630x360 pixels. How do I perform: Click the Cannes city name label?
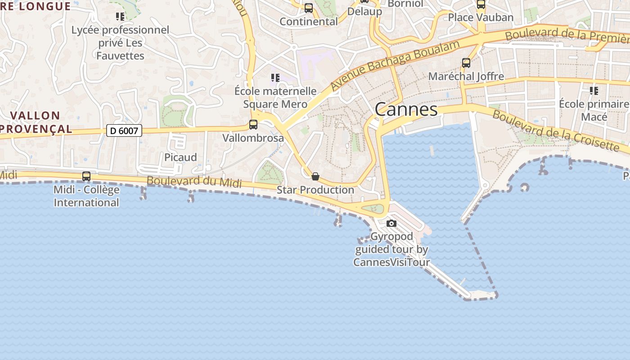coord(406,109)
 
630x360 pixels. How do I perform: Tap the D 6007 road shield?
coord(125,131)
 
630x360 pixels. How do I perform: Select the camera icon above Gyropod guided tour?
coord(391,223)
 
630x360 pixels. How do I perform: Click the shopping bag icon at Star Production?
coord(315,176)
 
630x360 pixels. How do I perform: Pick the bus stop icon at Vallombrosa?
coord(253,125)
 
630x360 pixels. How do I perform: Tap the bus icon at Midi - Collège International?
coord(86,176)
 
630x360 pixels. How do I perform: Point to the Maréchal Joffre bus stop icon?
coord(466,63)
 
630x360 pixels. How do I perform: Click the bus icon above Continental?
coord(309,8)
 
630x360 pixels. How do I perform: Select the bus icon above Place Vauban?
coord(481,4)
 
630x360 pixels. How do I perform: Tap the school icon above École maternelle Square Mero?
coord(275,78)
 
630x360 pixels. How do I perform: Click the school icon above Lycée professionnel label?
coord(120,17)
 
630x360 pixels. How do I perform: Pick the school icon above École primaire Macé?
coord(594,91)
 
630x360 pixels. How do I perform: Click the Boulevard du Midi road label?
coord(194,181)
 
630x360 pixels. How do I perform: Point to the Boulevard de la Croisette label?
coord(556,130)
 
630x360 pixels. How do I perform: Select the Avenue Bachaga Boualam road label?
coord(395,66)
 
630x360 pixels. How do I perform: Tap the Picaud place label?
coord(180,157)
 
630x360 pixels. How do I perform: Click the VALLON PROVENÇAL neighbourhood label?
coord(35,122)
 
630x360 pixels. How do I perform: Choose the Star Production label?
coord(315,190)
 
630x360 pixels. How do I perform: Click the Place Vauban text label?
coord(481,18)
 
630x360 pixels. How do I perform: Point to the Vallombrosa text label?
coord(253,138)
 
